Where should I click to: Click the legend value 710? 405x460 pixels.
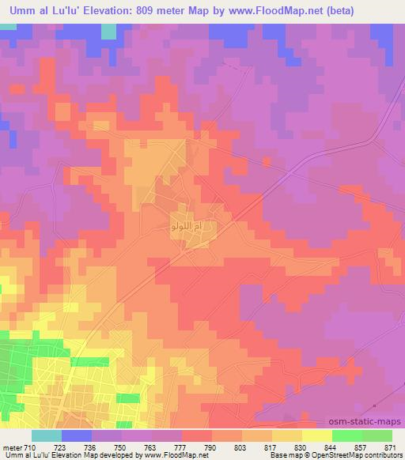[x=28, y=447]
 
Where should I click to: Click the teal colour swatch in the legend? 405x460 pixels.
[x=46, y=435]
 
